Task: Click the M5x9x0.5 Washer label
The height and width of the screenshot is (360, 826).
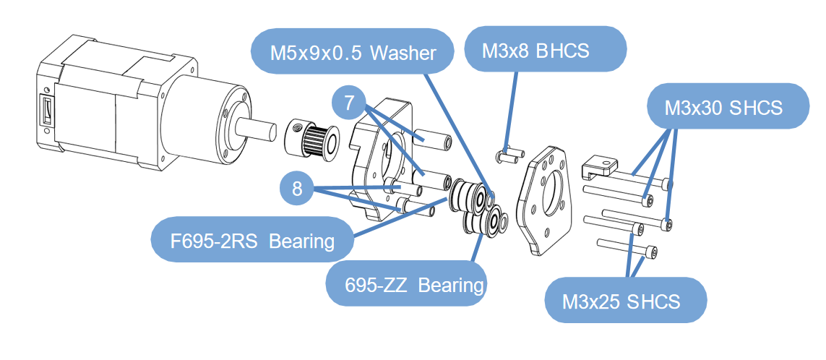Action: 353,52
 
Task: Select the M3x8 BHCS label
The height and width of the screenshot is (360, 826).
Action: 535,50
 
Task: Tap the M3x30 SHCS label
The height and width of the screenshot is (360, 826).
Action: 723,107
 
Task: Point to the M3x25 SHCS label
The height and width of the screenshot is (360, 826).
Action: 621,300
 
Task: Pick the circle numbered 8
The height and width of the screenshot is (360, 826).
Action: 297,189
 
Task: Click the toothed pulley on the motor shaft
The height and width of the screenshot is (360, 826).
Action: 313,138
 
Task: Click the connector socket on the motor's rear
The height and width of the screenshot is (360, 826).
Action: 46,113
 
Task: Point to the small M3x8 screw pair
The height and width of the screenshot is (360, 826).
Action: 511,154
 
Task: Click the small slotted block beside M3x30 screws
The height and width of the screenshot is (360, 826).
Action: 600,166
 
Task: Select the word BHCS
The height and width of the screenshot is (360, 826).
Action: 564,50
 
